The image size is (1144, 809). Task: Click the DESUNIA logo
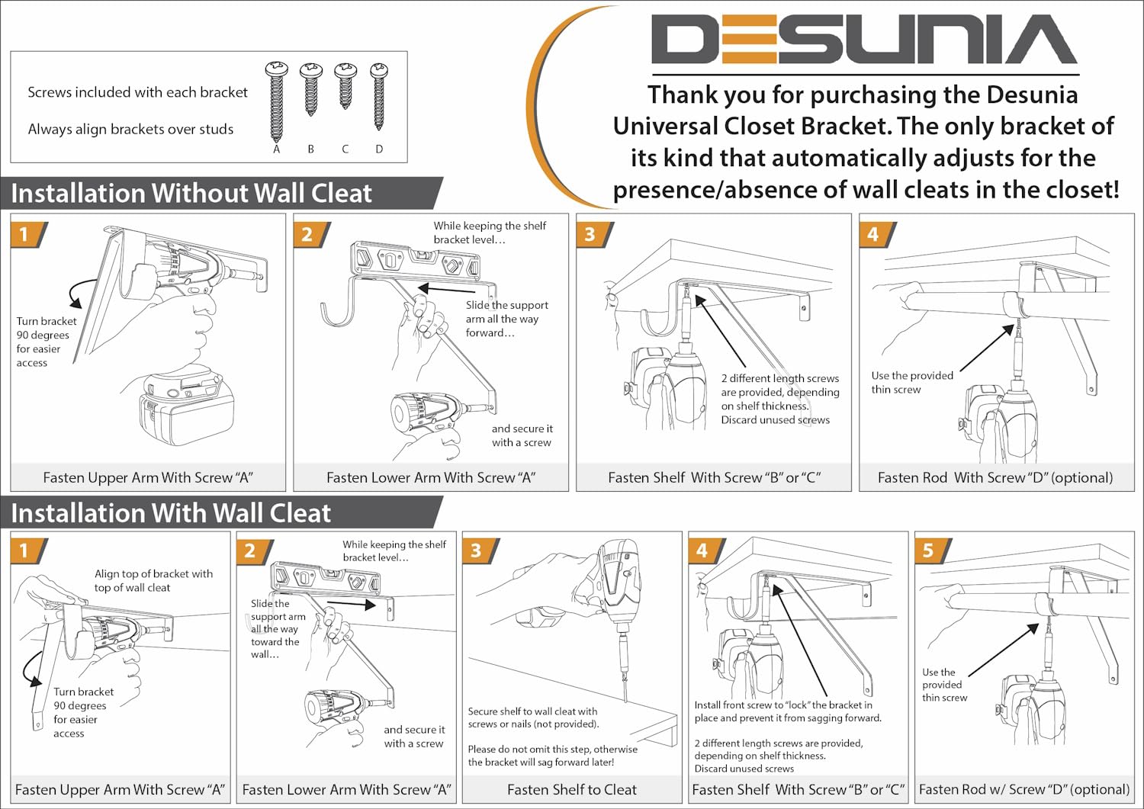(x=864, y=40)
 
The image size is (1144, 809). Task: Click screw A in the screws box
(x=276, y=101)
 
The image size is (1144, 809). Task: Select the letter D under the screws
(x=379, y=149)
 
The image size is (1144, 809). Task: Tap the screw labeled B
(x=310, y=89)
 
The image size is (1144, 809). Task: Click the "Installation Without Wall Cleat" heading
(x=191, y=193)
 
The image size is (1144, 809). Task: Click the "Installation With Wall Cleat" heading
(x=171, y=513)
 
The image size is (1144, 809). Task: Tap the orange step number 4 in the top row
(x=873, y=234)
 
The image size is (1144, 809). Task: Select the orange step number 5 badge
(x=928, y=551)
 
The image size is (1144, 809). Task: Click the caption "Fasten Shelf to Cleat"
(x=572, y=790)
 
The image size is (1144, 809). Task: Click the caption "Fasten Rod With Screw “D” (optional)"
(x=995, y=477)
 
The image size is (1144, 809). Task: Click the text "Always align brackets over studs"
(x=130, y=129)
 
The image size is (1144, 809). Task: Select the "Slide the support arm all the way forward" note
(x=506, y=319)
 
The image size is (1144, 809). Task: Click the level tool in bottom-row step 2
(x=326, y=579)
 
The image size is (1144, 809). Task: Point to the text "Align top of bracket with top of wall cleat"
(x=154, y=580)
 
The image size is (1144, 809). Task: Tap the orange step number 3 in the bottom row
(x=475, y=551)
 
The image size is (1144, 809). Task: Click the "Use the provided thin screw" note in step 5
(x=945, y=685)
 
